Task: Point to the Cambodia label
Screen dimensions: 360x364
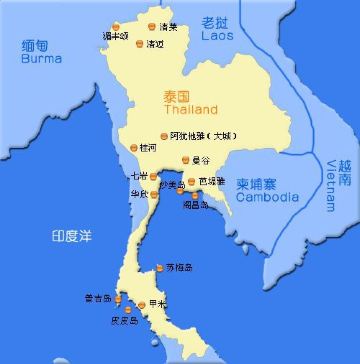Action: click(x=269, y=197)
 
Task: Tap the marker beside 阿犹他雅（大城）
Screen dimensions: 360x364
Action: click(x=164, y=135)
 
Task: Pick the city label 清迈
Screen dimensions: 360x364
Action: click(x=156, y=45)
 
